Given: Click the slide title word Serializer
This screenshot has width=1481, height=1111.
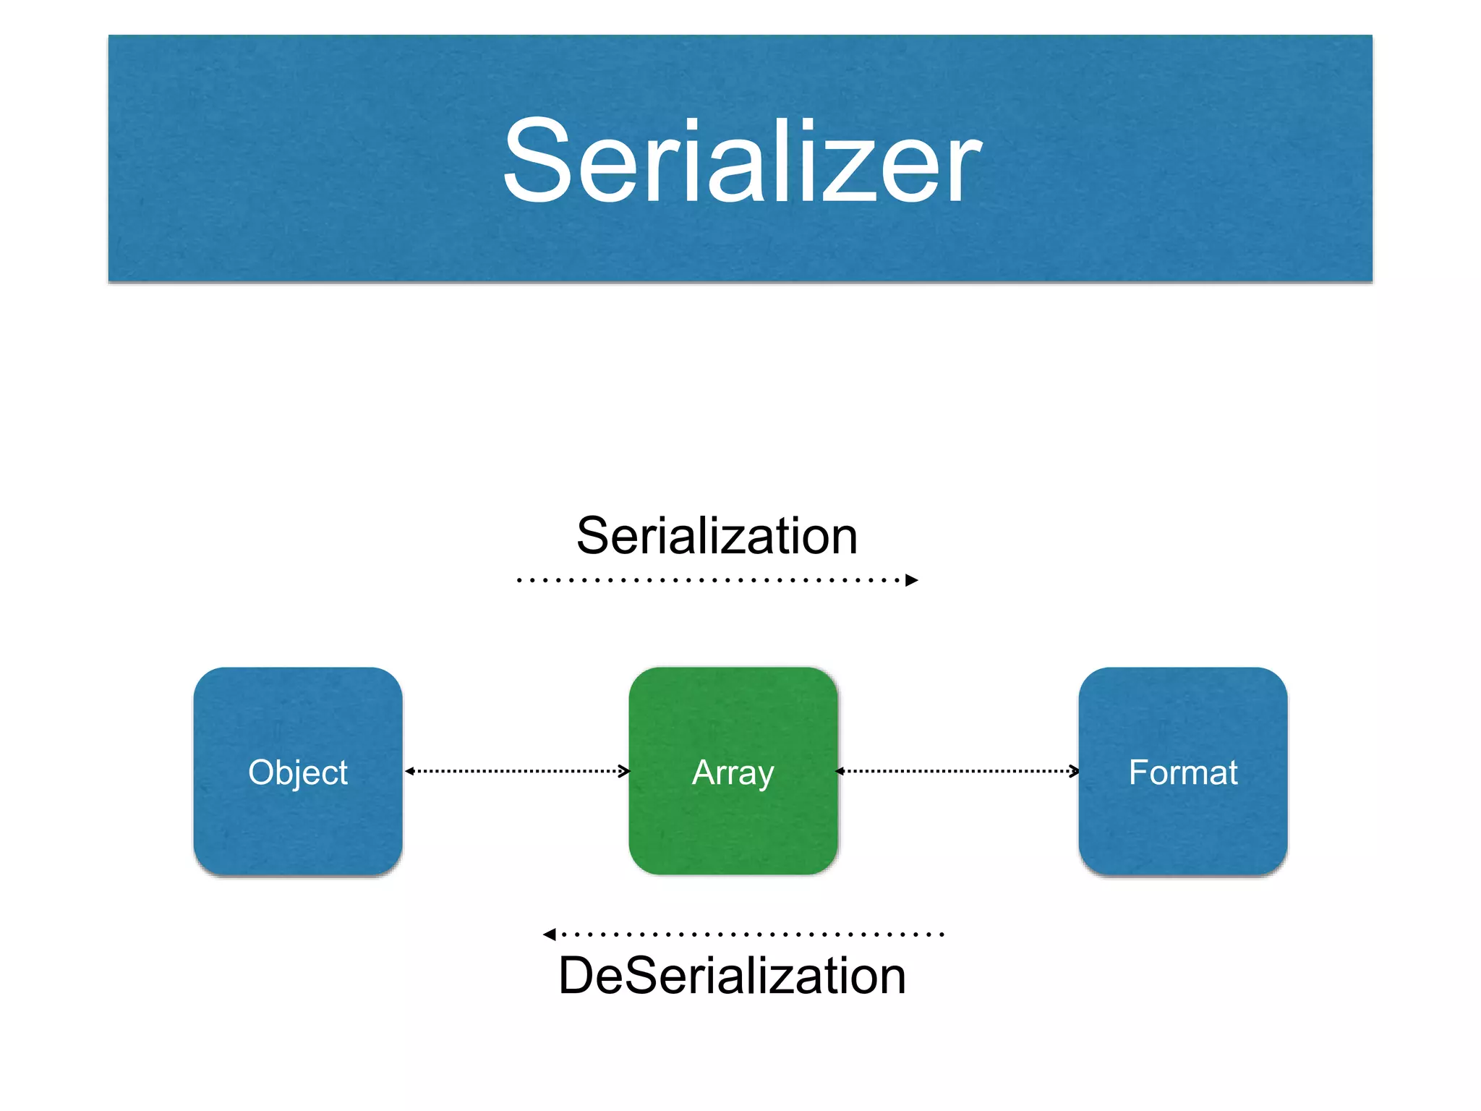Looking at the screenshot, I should [742, 161].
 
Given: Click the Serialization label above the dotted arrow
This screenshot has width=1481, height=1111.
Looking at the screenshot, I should [717, 536].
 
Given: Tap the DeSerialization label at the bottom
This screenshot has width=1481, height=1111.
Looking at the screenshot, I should [732, 976].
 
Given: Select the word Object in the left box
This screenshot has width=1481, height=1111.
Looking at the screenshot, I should [298, 772].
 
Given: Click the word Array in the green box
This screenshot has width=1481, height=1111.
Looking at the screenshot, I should [733, 772].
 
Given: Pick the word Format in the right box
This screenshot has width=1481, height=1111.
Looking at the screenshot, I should [1183, 772].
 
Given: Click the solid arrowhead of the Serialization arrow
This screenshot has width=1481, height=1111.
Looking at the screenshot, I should [912, 580].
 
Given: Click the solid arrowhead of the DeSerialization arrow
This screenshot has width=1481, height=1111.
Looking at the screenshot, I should [550, 935].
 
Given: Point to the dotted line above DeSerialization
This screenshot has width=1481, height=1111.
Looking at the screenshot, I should [752, 935].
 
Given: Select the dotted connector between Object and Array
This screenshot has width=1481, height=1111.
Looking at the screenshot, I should [517, 771].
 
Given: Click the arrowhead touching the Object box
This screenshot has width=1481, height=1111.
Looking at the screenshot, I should [409, 771].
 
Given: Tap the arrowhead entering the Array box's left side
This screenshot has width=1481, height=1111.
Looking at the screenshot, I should [625, 771].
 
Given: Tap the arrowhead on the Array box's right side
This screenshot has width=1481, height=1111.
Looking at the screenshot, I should [840, 771].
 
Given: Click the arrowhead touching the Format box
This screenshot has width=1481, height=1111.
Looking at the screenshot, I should [1075, 771].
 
